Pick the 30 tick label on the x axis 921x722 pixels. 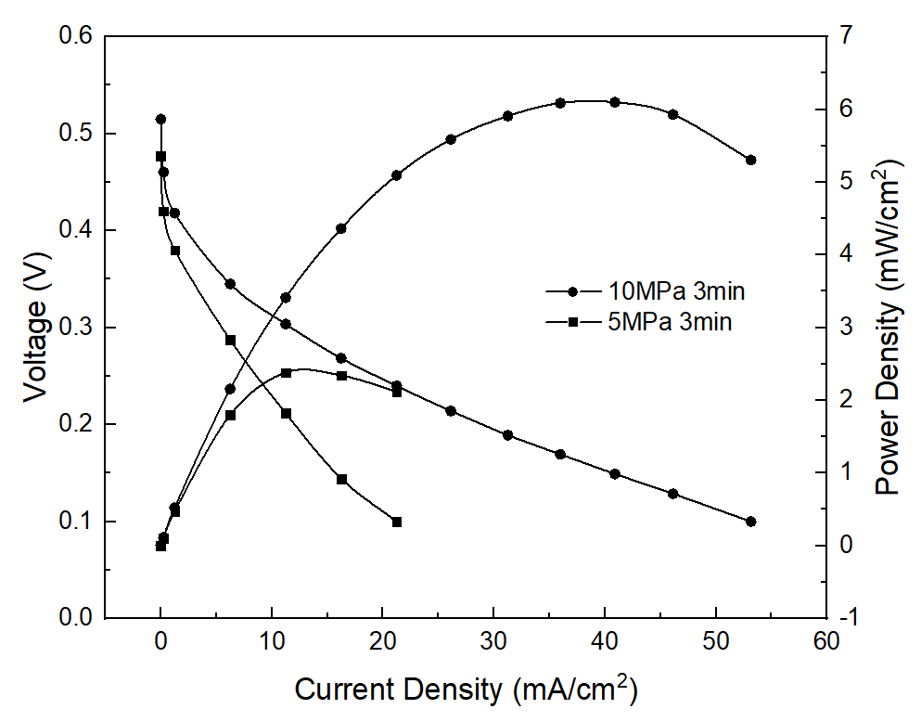pos(493,640)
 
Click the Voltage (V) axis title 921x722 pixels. pos(34,328)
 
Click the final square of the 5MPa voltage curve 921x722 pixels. pos(397,522)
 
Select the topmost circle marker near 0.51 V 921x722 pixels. pos(160,119)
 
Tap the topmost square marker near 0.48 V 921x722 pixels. pos(160,156)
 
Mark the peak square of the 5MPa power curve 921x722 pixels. pos(286,373)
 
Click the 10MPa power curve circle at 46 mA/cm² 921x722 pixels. pos(672,114)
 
